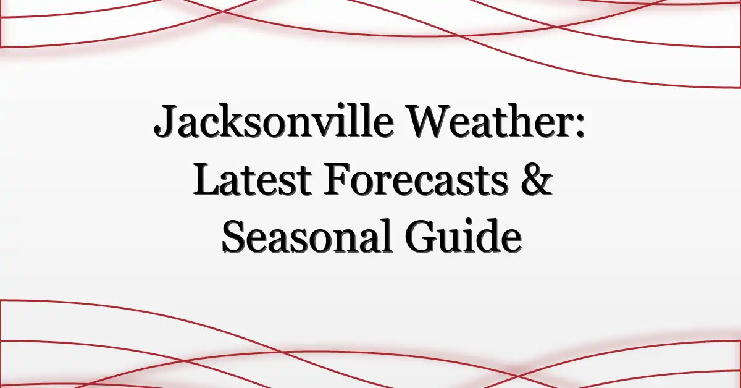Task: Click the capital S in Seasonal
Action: pyautogui.click(x=235, y=237)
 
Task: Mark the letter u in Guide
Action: pyautogui.click(x=446, y=242)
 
